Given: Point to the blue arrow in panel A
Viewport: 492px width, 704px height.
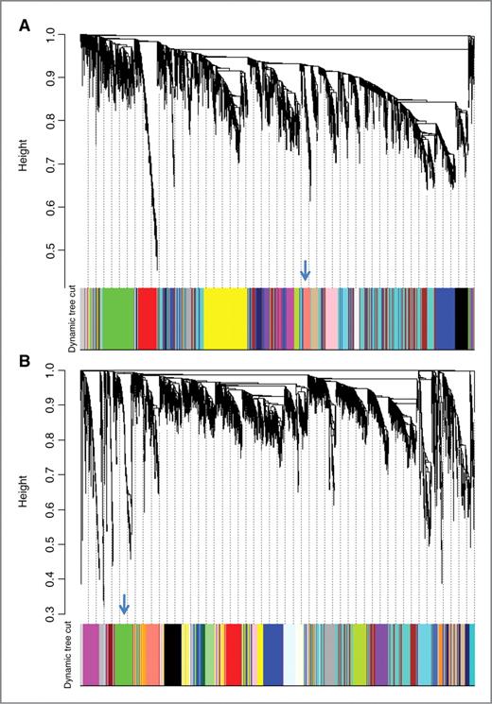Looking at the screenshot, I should pyautogui.click(x=305, y=270).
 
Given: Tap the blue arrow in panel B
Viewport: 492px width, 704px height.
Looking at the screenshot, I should pyautogui.click(x=124, y=604).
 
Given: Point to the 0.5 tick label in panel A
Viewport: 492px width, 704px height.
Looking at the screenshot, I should pyautogui.click(x=63, y=249).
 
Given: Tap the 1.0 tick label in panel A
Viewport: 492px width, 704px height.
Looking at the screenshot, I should pyautogui.click(x=63, y=34).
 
